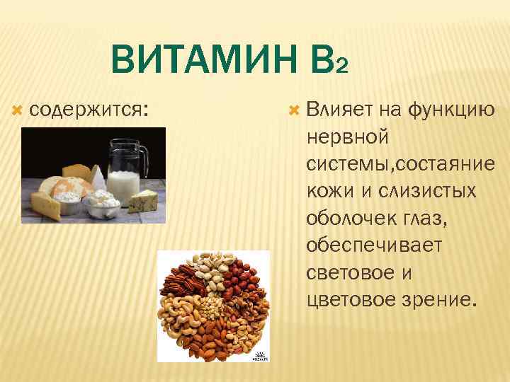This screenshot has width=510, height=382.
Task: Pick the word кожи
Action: [325, 192]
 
